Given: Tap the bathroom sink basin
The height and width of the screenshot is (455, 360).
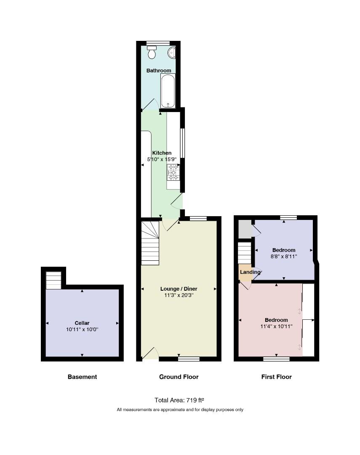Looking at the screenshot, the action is click(172, 53).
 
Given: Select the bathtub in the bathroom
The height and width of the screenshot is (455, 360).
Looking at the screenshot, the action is click(168, 91).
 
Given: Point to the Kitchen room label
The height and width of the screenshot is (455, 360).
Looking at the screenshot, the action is click(162, 153).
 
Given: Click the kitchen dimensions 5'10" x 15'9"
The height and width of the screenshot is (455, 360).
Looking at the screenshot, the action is click(162, 159).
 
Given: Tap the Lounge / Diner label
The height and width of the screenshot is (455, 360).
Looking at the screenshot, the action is click(179, 289).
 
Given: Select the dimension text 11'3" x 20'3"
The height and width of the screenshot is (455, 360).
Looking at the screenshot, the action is click(179, 295).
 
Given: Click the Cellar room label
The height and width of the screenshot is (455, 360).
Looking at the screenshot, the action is click(82, 323).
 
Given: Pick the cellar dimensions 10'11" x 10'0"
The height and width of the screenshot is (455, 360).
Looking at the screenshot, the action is click(82, 329).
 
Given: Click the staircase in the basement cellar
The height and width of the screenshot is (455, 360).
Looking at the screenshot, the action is click(53, 280).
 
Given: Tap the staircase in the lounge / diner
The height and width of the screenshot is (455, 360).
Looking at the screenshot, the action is click(150, 243).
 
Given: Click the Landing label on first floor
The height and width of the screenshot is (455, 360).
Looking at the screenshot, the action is click(250, 272).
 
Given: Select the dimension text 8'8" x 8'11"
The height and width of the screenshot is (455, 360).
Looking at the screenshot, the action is click(284, 257).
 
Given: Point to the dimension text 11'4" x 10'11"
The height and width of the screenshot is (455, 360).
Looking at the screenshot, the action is click(276, 327).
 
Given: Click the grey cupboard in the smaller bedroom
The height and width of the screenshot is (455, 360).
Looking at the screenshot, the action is click(245, 229).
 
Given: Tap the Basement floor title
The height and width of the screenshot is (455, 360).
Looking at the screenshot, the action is click(83, 377).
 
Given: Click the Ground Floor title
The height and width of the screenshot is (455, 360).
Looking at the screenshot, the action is click(179, 377).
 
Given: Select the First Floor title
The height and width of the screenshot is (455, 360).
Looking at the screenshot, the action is click(277, 377).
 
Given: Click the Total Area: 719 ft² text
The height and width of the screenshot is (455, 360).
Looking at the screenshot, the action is click(179, 400).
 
